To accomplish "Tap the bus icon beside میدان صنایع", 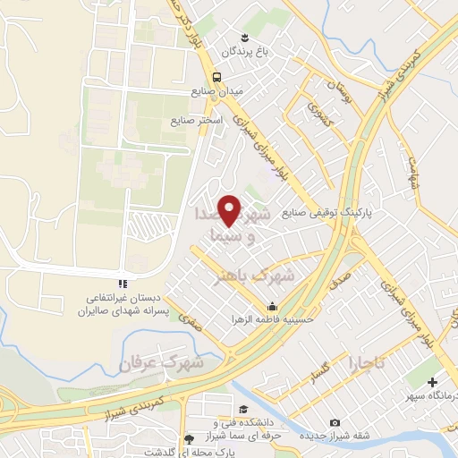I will coord(217,76).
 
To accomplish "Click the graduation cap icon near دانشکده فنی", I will coord(216,409).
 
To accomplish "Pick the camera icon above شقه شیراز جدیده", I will coord(335,422).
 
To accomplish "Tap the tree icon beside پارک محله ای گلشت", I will coord(189,439).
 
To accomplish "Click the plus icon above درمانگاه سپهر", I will coord(434,382).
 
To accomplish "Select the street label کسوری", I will coord(318,111).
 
